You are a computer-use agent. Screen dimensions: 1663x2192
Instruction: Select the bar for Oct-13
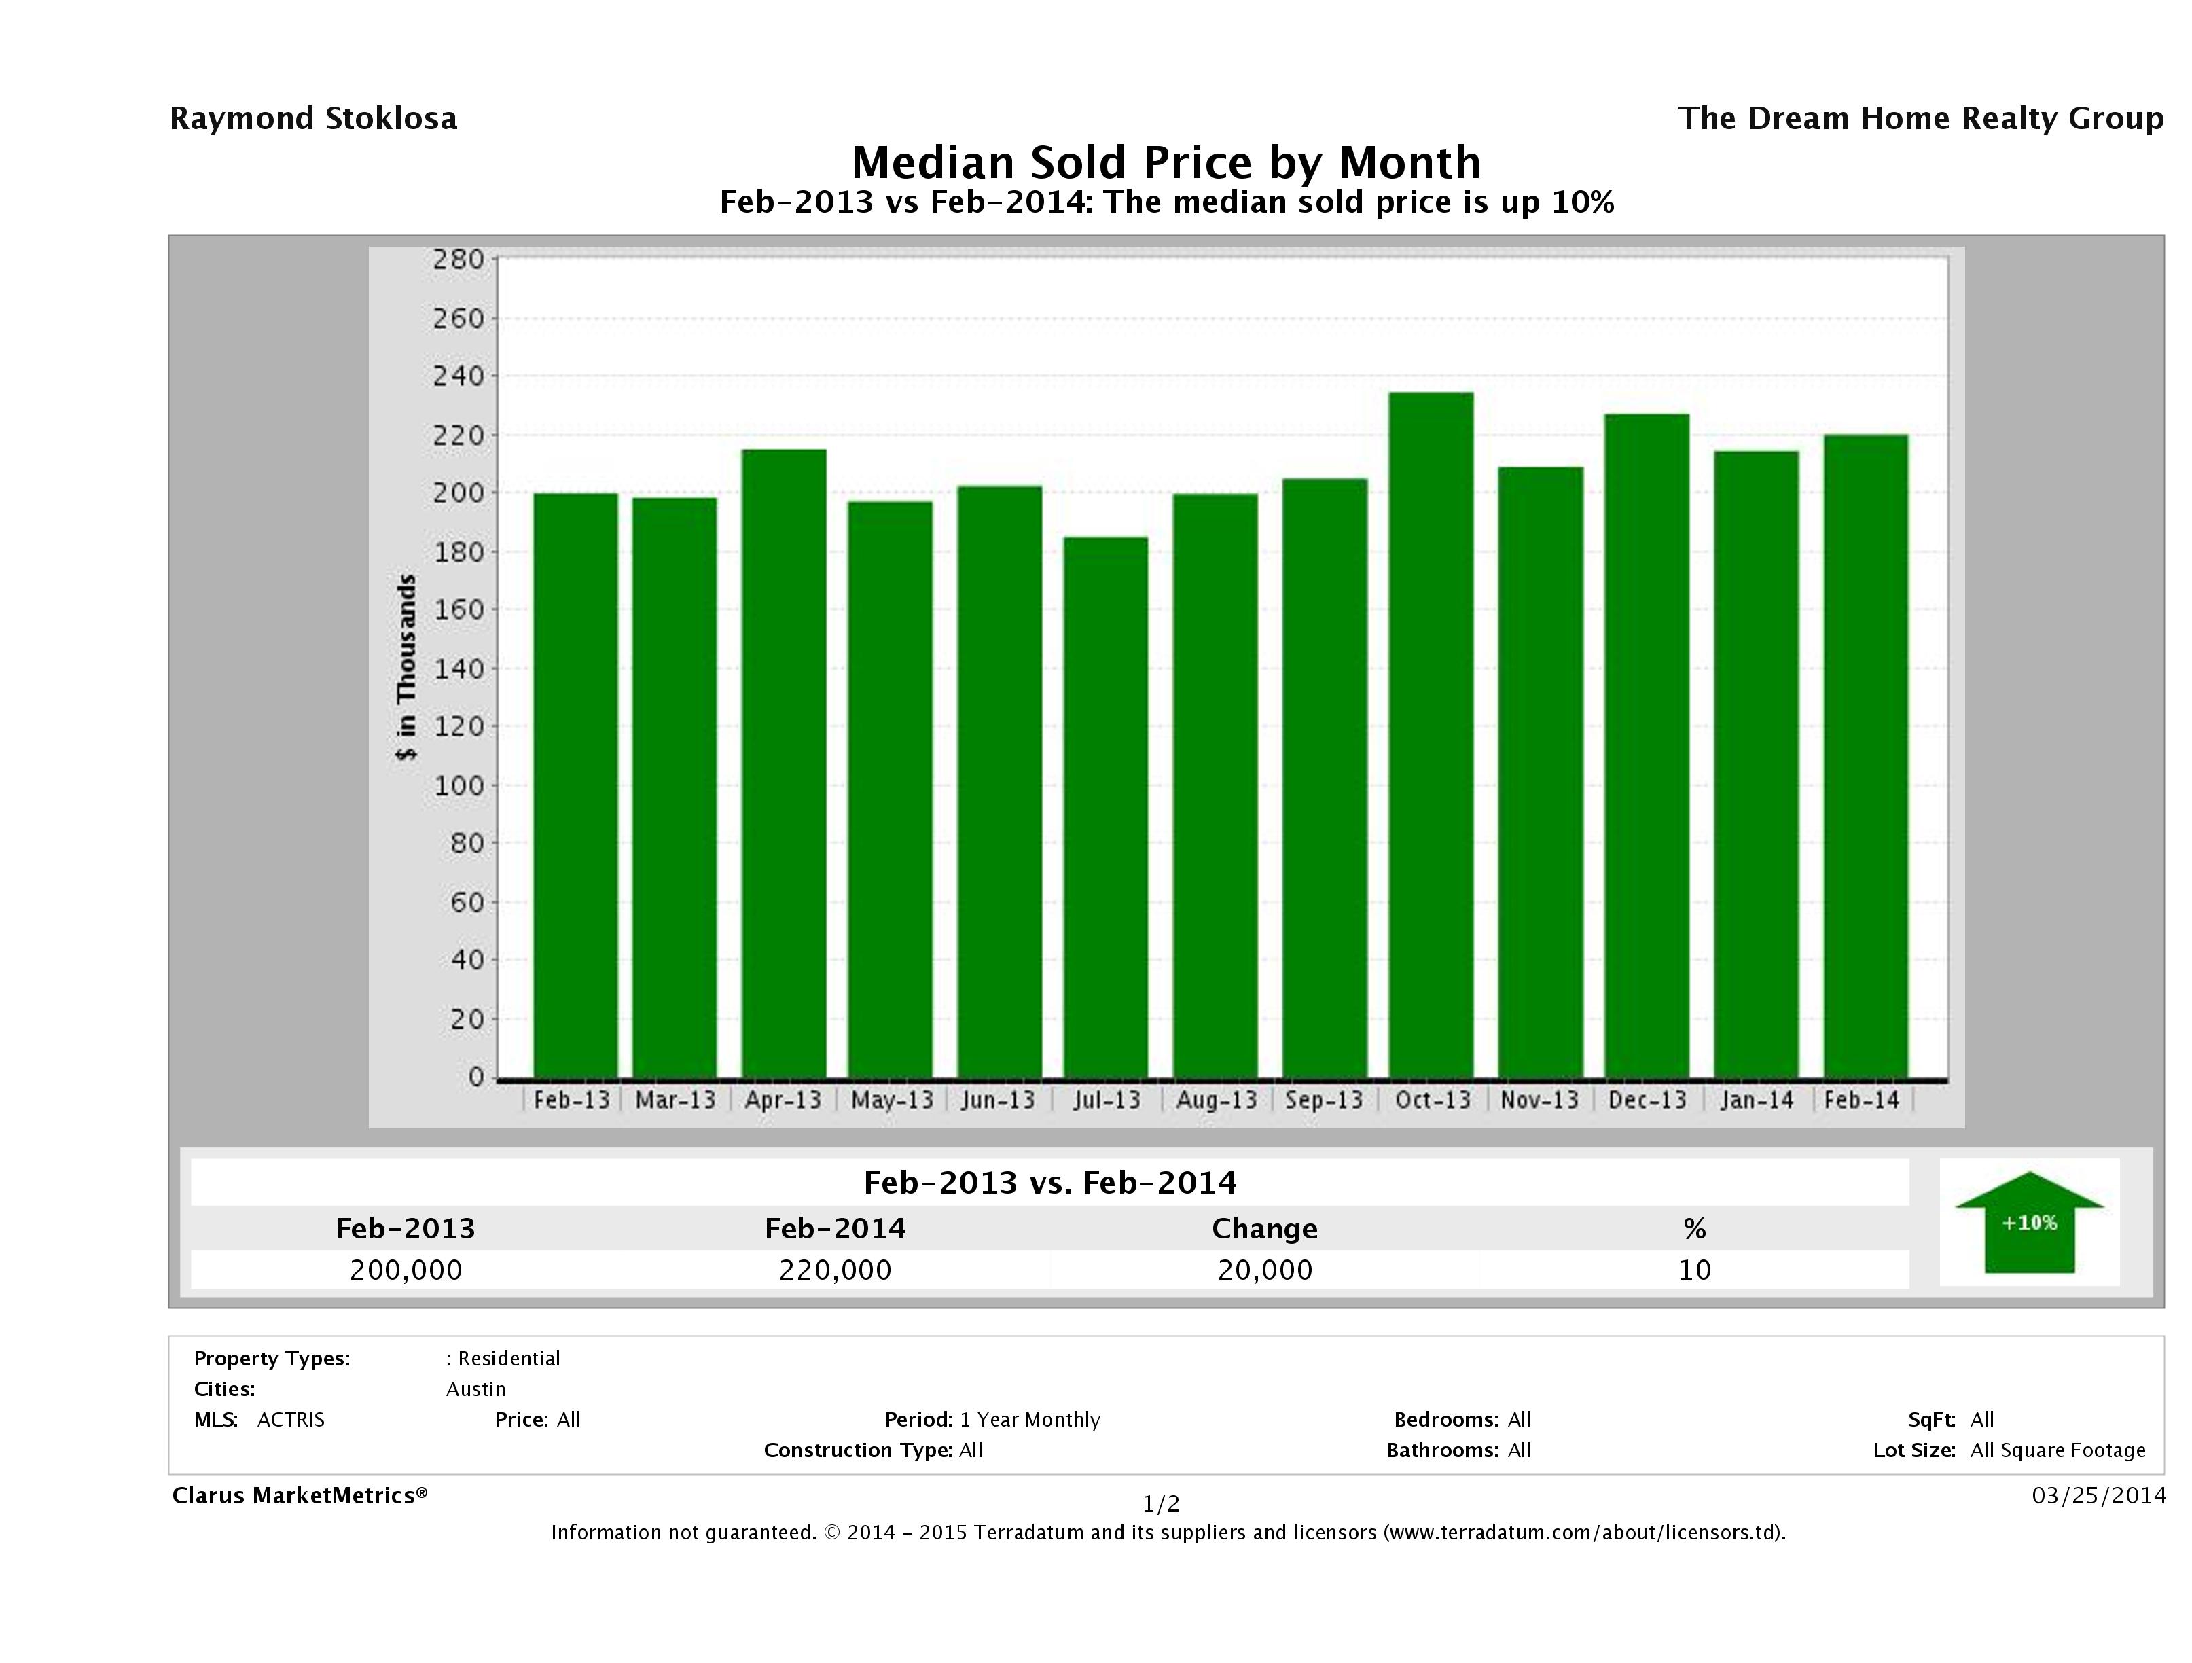tap(1431, 735)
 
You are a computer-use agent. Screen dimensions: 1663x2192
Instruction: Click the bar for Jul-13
tap(1106, 808)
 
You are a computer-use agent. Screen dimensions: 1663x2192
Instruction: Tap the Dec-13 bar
tap(1647, 747)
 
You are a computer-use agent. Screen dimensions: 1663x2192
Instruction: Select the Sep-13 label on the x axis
tap(1325, 1100)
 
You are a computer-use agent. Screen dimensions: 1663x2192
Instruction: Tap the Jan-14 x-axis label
tap(1757, 1100)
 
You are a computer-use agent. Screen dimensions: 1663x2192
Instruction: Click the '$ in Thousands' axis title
tap(406, 667)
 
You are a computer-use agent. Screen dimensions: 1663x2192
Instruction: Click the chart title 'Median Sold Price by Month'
tap(1166, 162)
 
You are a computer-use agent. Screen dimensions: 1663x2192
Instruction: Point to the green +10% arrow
tap(2028, 1223)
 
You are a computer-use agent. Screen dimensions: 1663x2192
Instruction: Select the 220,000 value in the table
tap(836, 1270)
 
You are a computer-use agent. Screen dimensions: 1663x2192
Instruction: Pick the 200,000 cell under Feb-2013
tap(406, 1270)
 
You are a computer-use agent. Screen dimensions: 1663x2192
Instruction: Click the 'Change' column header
tap(1265, 1229)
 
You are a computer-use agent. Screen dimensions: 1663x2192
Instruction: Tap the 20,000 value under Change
tap(1265, 1270)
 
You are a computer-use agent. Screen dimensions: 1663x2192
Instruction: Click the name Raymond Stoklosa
tap(313, 119)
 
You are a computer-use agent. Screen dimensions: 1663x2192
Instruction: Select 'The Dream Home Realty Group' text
tap(1920, 119)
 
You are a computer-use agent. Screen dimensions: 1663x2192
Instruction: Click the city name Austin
tap(475, 1389)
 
